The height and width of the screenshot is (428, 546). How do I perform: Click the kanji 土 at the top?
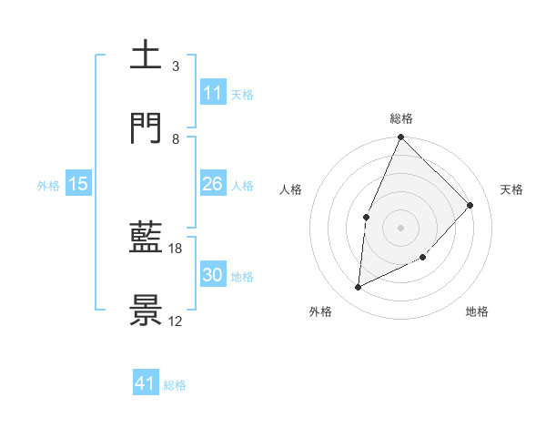pos(146,56)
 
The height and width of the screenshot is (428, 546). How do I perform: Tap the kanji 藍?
pos(146,239)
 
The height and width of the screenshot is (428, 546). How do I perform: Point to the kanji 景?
pos(146,311)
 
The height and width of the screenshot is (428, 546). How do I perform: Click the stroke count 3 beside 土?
pos(175,66)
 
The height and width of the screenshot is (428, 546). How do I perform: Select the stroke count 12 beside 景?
pos(176,321)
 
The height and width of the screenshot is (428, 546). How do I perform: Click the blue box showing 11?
pos(213,93)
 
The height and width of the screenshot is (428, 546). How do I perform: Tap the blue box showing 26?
pos(213,184)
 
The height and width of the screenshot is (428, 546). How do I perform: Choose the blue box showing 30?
pos(213,275)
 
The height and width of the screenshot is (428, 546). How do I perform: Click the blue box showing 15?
pos(78,184)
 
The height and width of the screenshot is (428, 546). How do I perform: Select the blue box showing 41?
pos(146,383)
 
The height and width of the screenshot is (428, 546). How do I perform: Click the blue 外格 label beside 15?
pos(48,185)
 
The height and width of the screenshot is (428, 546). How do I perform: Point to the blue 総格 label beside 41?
pos(175,385)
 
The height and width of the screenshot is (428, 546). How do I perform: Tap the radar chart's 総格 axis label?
pos(400,118)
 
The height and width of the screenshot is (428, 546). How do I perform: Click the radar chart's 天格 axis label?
pos(511,189)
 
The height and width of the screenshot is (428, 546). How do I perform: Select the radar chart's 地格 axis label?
pos(477,311)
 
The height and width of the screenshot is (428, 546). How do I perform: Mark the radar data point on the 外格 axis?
pos(359,288)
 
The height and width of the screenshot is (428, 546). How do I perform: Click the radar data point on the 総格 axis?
pos(400,138)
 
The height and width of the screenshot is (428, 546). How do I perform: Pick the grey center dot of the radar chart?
pos(400,227)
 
